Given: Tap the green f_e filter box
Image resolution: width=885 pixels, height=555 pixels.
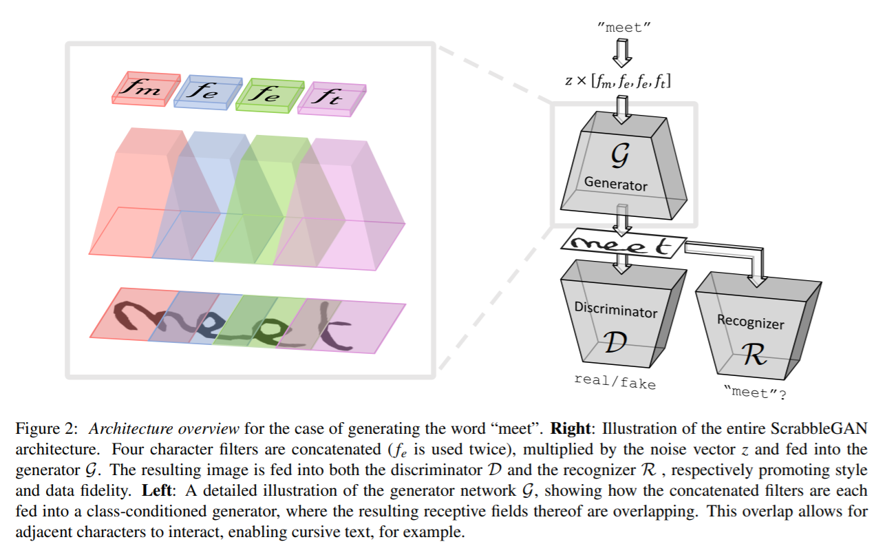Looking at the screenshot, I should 268,94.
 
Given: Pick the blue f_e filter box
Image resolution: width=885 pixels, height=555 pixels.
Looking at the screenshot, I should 207,92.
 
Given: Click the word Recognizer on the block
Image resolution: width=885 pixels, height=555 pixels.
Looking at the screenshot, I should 751,322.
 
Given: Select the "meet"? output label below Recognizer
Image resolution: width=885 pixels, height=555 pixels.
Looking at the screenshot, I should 755,395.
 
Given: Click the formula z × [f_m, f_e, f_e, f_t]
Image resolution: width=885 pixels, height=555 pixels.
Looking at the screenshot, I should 618,81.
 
